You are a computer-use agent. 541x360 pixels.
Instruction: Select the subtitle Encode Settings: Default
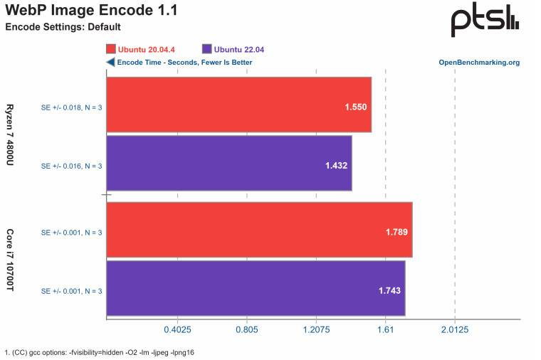[63, 27]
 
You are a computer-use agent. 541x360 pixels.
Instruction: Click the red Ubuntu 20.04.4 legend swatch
[111, 49]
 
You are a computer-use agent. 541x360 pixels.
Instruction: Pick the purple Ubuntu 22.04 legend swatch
[207, 49]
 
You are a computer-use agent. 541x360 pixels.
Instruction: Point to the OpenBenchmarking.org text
[479, 63]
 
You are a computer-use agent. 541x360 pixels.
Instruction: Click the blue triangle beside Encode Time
[110, 63]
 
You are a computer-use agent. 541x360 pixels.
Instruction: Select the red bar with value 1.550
[238, 105]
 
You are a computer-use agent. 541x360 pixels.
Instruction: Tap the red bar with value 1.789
[259, 231]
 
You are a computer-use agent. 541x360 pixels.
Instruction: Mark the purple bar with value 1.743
[256, 288]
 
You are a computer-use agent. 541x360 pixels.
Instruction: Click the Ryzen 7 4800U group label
[11, 134]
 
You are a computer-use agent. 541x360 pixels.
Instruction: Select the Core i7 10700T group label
[11, 259]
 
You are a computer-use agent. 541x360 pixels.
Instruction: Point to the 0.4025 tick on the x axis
[177, 329]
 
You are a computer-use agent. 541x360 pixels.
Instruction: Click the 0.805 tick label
[246, 329]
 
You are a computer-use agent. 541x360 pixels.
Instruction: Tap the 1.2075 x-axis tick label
[315, 329]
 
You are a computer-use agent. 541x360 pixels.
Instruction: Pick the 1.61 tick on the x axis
[385, 329]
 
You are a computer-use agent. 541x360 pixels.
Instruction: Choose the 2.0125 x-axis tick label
[454, 329]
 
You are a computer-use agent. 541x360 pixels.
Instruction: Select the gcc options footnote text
[100, 352]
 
